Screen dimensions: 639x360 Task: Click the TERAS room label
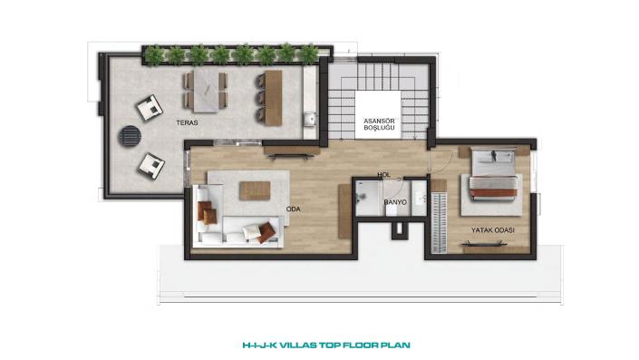point(187,122)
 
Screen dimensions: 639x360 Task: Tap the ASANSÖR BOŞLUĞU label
point(379,124)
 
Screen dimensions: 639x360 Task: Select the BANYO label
point(395,202)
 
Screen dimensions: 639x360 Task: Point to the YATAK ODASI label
point(493,230)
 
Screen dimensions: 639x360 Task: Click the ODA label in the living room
point(293,209)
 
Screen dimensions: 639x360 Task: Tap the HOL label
point(384,174)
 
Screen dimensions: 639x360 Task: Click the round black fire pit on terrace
point(130,136)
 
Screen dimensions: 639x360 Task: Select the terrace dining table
point(206,91)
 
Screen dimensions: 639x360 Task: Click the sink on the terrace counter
point(310,119)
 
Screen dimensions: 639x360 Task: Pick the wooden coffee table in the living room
point(255,190)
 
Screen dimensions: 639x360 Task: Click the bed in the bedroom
point(493,174)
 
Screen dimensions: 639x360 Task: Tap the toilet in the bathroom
point(392,210)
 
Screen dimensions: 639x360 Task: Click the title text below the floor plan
point(326,345)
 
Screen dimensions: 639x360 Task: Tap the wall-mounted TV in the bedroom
point(484,244)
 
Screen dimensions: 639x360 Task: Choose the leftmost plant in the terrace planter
point(154,55)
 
